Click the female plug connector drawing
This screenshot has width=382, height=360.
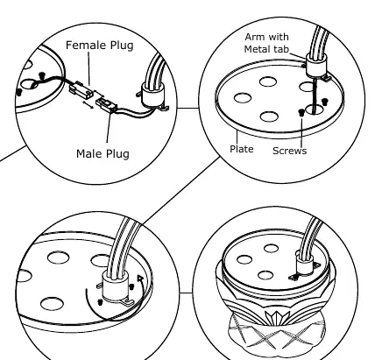80,88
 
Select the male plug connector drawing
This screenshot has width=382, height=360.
107,105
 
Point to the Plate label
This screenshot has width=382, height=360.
242,149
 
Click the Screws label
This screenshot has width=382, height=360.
289,151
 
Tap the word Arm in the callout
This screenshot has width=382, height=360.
253,37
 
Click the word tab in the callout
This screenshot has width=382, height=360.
281,49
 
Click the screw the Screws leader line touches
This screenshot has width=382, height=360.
301,112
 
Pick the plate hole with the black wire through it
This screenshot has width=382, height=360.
315,109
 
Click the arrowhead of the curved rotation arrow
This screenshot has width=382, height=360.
140,279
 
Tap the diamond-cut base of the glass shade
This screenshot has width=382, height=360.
277,333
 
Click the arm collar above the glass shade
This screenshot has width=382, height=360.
305,264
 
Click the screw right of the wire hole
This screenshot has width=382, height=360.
324,102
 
